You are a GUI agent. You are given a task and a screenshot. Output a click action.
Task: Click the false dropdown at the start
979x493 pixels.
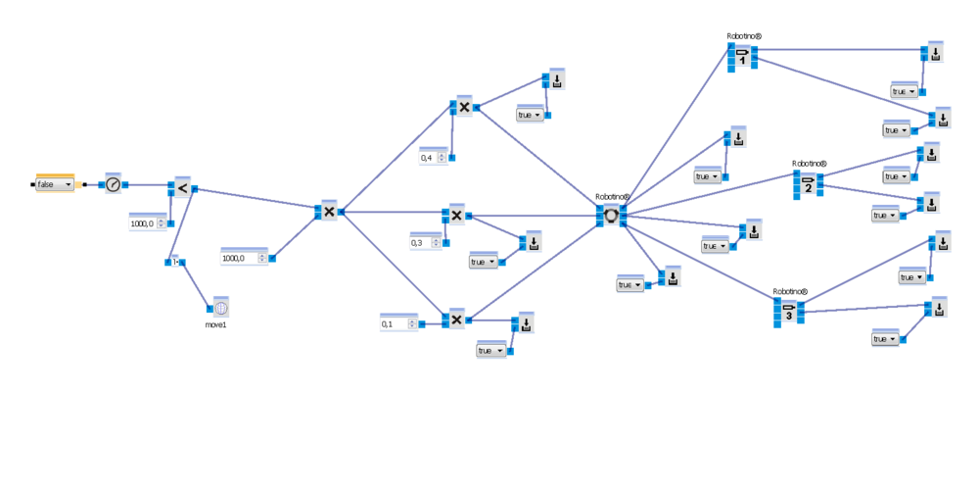click(x=54, y=184)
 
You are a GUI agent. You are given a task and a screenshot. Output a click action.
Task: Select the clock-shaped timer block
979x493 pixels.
click(x=113, y=184)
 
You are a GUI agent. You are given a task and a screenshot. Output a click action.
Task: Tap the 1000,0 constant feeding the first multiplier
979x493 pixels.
click(x=243, y=258)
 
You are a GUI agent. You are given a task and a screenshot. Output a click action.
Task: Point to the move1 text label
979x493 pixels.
click(x=216, y=322)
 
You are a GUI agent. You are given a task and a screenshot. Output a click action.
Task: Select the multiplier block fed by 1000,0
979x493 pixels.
click(x=329, y=211)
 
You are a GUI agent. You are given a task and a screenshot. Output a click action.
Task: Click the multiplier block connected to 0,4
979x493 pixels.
click(x=463, y=107)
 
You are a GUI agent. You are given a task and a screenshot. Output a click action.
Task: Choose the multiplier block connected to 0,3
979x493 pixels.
click(x=455, y=216)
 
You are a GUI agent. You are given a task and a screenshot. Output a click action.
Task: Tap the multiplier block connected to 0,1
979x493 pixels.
click(x=456, y=319)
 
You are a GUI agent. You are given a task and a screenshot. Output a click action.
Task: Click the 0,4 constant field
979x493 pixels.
click(x=431, y=157)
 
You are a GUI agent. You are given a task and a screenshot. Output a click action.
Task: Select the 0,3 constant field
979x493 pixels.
click(x=424, y=242)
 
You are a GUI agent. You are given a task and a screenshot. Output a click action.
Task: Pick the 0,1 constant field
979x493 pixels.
click(x=397, y=324)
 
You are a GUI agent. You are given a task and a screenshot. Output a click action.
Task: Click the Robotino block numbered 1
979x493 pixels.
click(x=742, y=56)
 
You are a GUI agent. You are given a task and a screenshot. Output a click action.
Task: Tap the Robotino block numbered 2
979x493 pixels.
click(x=809, y=182)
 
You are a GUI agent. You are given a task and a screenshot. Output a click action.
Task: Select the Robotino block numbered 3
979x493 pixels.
click(x=788, y=312)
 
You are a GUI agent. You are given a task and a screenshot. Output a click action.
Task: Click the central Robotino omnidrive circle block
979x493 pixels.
click(x=612, y=215)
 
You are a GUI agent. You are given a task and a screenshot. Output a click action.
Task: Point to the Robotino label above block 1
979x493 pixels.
click(x=744, y=36)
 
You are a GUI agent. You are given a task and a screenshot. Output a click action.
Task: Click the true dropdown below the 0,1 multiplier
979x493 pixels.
click(x=490, y=350)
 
